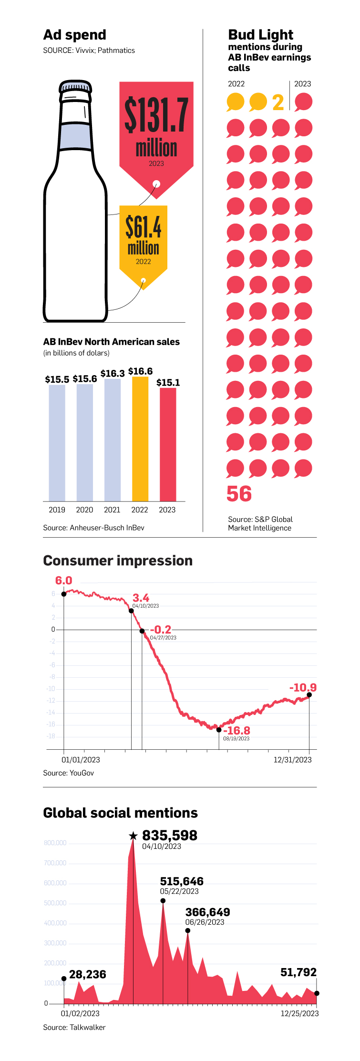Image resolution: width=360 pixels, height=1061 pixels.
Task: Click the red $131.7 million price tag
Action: click(x=156, y=129)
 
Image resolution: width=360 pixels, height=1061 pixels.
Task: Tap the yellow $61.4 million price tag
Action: click(x=143, y=238)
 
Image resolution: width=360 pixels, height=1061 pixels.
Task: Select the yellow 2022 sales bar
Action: click(x=140, y=439)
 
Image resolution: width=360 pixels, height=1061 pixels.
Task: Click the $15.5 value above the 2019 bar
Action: click(x=57, y=379)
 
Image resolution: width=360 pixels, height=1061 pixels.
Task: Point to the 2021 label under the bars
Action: click(x=112, y=510)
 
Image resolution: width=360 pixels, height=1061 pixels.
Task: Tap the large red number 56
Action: click(x=239, y=494)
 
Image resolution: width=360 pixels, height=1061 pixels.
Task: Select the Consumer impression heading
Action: click(x=118, y=561)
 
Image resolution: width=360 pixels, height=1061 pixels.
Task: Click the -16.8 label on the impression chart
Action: click(x=237, y=730)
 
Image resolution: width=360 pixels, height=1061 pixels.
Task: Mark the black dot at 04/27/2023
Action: click(x=142, y=631)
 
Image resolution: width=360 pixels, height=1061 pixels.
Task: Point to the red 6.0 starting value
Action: click(x=63, y=581)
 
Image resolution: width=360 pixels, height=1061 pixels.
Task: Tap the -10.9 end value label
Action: click(x=303, y=687)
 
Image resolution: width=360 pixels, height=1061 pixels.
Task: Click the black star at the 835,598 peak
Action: click(x=134, y=836)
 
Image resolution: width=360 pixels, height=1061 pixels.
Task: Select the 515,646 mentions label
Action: click(x=182, y=881)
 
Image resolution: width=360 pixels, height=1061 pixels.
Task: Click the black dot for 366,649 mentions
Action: click(x=188, y=930)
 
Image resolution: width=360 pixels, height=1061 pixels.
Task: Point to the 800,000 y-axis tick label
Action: click(x=55, y=843)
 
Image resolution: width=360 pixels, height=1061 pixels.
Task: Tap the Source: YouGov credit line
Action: click(x=68, y=773)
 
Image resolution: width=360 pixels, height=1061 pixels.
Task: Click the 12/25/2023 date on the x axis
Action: click(x=299, y=1013)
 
